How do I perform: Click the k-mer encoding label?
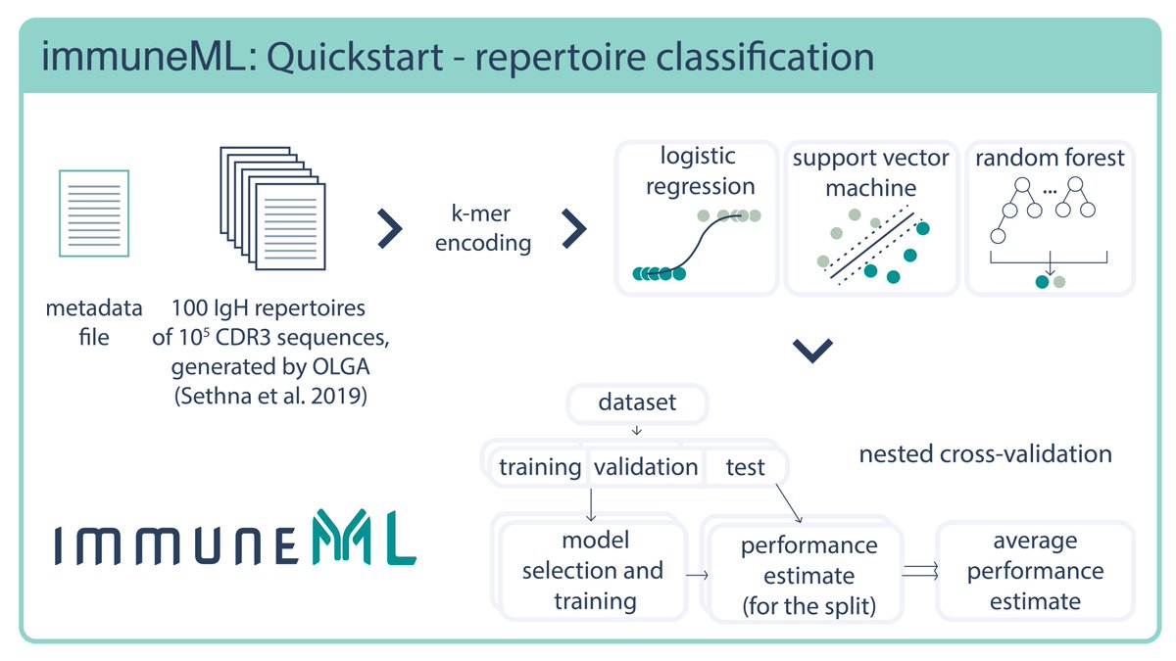coord(483,228)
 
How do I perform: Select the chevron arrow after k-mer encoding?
coord(573,228)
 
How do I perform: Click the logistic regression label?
coord(697,170)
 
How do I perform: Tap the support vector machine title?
coord(870,171)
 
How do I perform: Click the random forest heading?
coord(1050,158)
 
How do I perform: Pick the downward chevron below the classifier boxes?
coord(811,351)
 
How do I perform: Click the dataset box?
coord(637,402)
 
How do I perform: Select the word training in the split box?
coord(540,467)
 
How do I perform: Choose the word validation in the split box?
coord(646,467)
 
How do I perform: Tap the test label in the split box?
coord(746,467)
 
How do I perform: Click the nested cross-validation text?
coord(985,453)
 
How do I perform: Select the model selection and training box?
coord(592,570)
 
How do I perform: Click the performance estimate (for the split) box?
coord(808,575)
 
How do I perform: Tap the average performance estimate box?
coord(1034,570)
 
